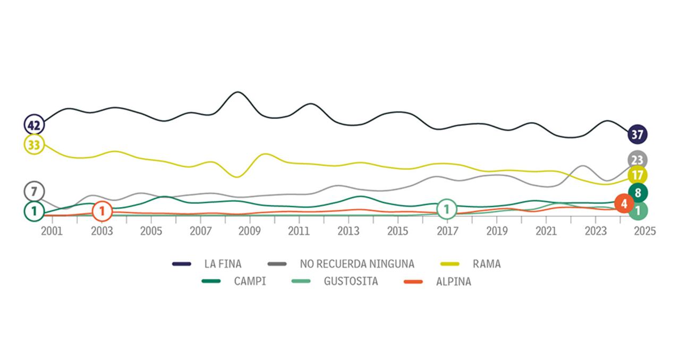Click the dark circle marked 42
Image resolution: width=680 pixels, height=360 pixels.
tap(35, 125)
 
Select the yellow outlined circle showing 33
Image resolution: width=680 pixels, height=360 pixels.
tap(35, 145)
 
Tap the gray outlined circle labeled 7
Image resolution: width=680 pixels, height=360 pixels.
tap(35, 191)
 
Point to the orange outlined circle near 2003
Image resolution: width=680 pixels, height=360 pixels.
tap(102, 211)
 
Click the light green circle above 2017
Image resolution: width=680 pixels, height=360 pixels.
tap(447, 209)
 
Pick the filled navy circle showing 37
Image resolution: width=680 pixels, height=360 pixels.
tap(637, 135)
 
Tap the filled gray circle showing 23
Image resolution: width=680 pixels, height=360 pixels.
tap(637, 160)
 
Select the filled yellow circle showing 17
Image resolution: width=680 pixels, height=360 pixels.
tap(637, 175)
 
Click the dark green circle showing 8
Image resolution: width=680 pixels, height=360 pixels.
tap(637, 193)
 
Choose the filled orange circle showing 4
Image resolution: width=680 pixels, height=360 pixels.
tap(624, 203)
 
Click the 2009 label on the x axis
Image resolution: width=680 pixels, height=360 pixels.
tap(249, 231)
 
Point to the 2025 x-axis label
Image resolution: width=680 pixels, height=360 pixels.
tap(645, 231)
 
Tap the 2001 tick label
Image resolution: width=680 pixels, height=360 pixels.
tap(52, 231)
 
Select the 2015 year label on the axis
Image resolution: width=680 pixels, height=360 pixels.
tap(397, 231)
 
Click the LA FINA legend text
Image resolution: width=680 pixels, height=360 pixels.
tap(223, 263)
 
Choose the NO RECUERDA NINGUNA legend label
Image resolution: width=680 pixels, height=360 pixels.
tap(357, 263)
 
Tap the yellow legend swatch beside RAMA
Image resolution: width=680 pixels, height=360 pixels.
tap(451, 263)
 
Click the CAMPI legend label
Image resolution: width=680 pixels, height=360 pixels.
tap(250, 281)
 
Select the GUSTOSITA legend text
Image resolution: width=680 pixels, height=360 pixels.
tap(351, 281)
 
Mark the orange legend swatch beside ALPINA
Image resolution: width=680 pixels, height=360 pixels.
tap(413, 281)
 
